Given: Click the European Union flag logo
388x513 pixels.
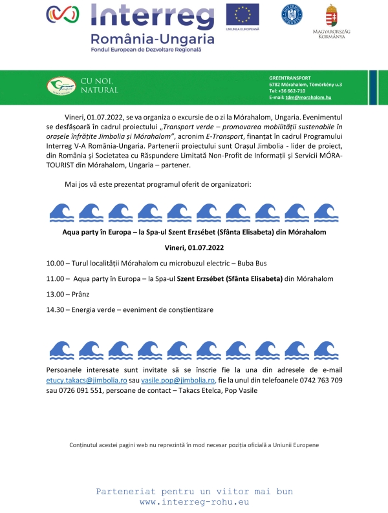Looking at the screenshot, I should (x=242, y=14).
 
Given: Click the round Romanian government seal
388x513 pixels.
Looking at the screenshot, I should (x=292, y=14).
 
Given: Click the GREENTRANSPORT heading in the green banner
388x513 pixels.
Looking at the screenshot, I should (x=290, y=78).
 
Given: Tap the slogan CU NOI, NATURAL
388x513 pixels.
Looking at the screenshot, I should (x=99, y=85).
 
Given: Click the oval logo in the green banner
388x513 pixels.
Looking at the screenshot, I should (x=61, y=85).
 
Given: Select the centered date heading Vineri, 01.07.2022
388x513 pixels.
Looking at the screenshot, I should (x=193, y=247).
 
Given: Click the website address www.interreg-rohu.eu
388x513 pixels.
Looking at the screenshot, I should (x=194, y=501).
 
